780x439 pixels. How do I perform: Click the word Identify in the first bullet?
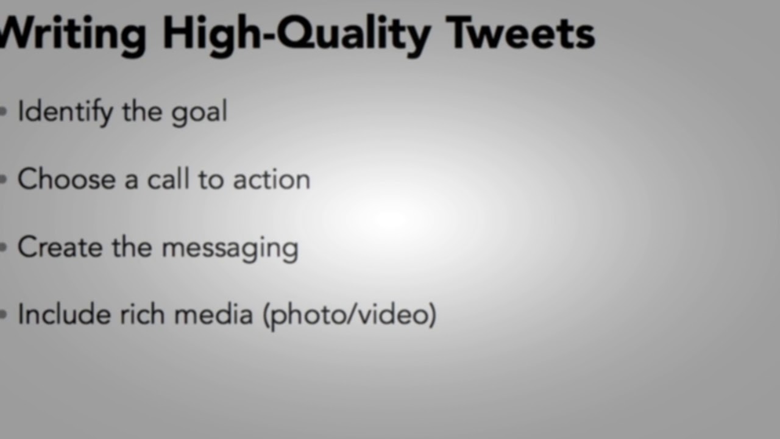(65, 112)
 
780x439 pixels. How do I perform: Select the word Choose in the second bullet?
(66, 179)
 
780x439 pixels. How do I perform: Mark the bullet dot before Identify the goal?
(4, 112)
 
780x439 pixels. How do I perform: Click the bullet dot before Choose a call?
(4, 180)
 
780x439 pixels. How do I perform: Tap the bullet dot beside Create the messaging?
(4, 248)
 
